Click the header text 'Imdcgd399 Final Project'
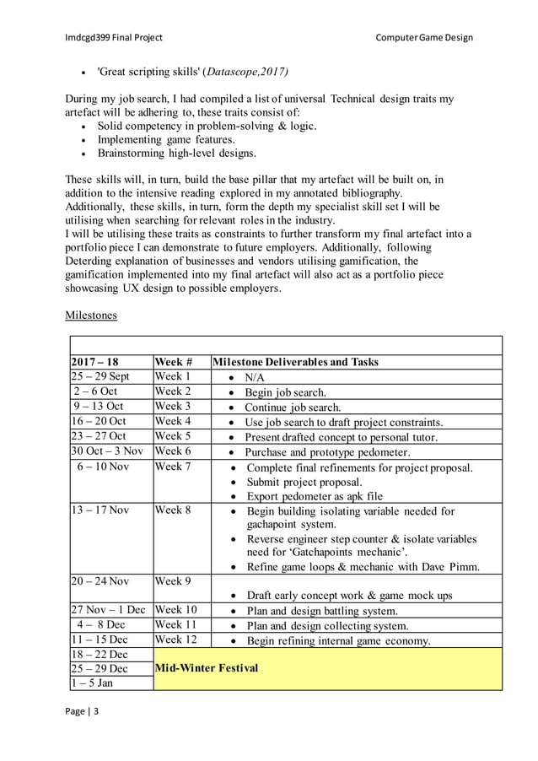pyautogui.click(x=114, y=37)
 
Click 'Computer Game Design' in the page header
pyautogui.click(x=424, y=37)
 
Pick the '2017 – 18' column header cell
pyautogui.click(x=95, y=362)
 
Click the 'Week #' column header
pyautogui.click(x=174, y=362)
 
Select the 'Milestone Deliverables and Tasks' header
pyautogui.click(x=296, y=362)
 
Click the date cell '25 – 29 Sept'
pyautogui.click(x=100, y=376)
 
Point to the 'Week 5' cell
pyautogui.click(x=173, y=436)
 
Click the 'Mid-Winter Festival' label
pyautogui.click(x=207, y=668)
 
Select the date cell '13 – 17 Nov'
pyautogui.click(x=100, y=510)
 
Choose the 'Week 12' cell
pyautogui.click(x=175, y=640)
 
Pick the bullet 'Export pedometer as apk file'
pyautogui.click(x=315, y=496)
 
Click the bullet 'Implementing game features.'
pyautogui.click(x=166, y=139)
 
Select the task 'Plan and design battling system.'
pyautogui.click(x=335, y=611)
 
